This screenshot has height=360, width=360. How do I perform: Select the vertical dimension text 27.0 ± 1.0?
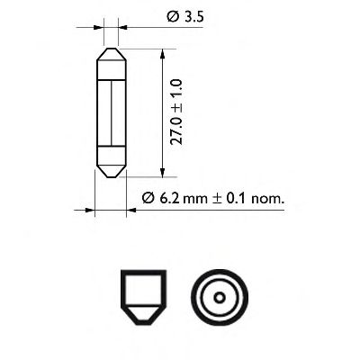(176, 113)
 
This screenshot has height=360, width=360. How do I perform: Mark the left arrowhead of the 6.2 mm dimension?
(89, 211)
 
